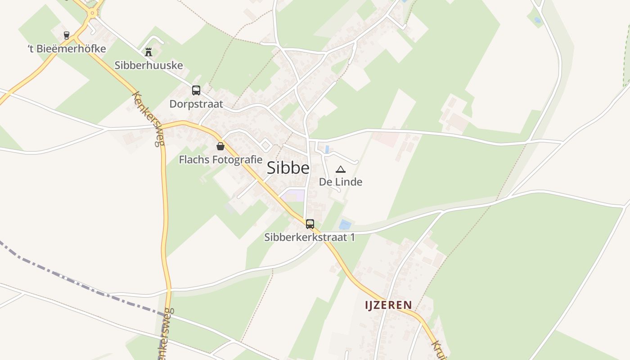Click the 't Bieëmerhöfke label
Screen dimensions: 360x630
(x=67, y=49)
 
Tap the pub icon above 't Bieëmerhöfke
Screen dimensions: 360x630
(x=67, y=36)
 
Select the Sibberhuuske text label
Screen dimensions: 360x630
(x=148, y=65)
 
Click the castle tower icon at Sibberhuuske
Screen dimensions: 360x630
(x=148, y=52)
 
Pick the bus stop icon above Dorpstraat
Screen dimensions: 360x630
(x=196, y=90)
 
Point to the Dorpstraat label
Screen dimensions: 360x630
(x=196, y=104)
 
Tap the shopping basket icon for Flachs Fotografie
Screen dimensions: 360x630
(x=220, y=146)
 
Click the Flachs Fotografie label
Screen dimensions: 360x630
(x=220, y=160)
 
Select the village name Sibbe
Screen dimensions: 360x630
(x=288, y=168)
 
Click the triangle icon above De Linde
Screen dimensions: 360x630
(x=341, y=169)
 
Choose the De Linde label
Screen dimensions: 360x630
(x=341, y=182)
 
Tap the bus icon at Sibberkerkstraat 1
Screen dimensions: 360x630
(x=310, y=224)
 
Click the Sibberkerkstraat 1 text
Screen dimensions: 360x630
(x=310, y=237)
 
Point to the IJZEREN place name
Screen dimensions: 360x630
(x=388, y=305)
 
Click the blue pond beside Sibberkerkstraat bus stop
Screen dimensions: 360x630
(x=345, y=224)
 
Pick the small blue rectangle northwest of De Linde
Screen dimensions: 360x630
(x=327, y=149)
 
